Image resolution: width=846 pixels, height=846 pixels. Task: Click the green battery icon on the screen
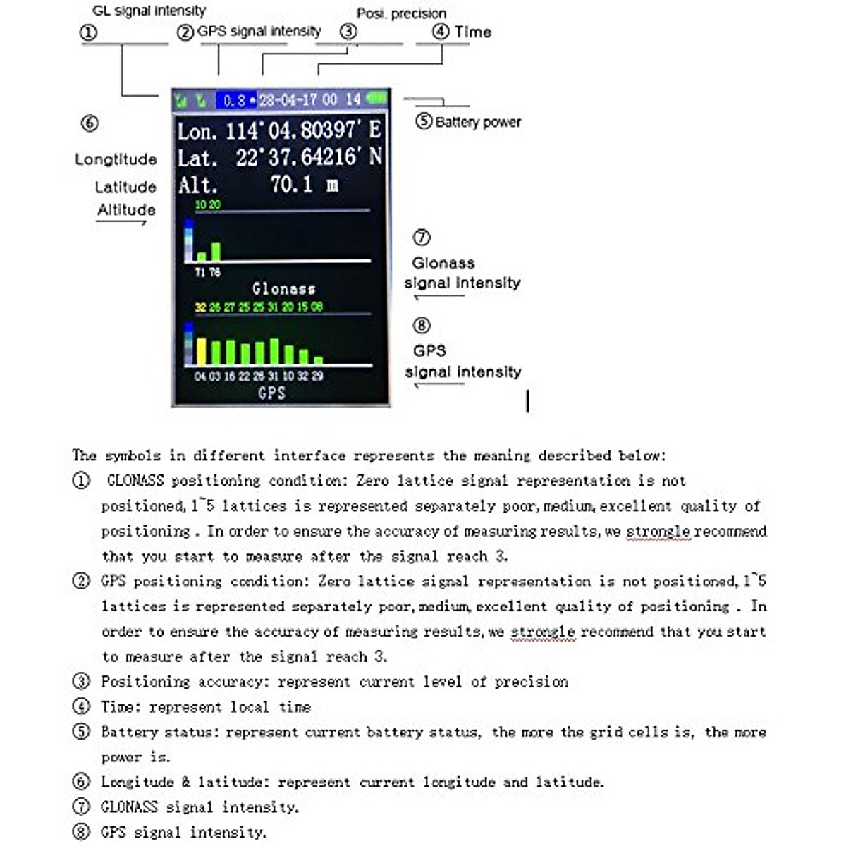[377, 99]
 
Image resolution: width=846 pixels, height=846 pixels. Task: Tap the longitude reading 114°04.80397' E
[302, 130]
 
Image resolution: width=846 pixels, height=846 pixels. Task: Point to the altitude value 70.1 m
[304, 185]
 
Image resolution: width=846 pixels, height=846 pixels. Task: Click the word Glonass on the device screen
[283, 288]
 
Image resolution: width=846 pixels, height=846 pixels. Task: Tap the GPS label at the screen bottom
[272, 393]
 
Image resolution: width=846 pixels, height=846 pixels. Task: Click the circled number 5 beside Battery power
[423, 121]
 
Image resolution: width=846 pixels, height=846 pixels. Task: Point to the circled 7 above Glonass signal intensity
[422, 238]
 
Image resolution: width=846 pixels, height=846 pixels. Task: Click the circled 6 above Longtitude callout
[90, 123]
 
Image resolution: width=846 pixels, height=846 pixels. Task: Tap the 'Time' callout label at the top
[472, 32]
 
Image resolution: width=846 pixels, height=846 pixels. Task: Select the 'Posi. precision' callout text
[401, 13]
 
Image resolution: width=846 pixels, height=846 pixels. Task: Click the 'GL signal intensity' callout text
[149, 11]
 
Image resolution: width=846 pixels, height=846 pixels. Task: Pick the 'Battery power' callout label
[478, 122]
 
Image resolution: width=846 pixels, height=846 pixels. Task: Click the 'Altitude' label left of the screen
[126, 209]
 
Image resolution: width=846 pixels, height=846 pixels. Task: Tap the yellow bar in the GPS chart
[201, 351]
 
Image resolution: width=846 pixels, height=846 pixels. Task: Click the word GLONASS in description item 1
[135, 481]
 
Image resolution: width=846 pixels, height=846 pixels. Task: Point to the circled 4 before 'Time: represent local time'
[81, 706]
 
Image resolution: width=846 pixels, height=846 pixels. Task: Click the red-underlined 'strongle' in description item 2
[542, 632]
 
